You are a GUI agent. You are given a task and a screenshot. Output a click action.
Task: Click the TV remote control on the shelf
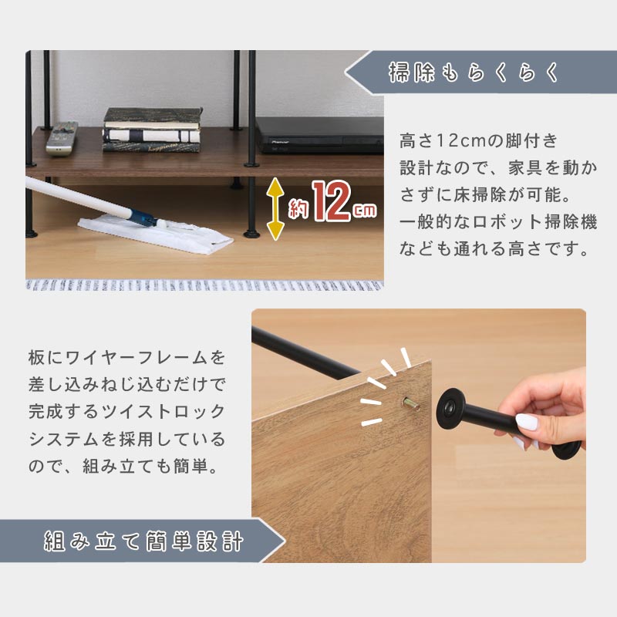click(62, 138)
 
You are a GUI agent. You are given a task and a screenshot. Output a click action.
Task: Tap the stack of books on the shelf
click(153, 130)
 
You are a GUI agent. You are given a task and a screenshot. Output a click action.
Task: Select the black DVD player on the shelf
click(319, 135)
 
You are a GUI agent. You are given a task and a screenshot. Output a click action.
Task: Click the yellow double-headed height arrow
click(275, 209)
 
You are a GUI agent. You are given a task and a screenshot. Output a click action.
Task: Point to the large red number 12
click(332, 201)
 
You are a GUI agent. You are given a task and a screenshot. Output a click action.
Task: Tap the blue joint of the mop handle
click(143, 217)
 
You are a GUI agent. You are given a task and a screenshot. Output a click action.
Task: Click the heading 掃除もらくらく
click(474, 72)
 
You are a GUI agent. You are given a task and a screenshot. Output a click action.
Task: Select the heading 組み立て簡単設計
click(143, 541)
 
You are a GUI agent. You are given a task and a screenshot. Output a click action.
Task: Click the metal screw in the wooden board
click(410, 403)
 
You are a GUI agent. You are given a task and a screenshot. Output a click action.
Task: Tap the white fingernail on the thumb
click(527, 422)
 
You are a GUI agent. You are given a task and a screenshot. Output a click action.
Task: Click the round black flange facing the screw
click(450, 409)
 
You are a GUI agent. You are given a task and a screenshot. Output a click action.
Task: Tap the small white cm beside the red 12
click(365, 210)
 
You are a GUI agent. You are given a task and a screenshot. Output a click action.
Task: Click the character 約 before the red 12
click(298, 208)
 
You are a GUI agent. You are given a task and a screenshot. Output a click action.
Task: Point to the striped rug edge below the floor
click(204, 285)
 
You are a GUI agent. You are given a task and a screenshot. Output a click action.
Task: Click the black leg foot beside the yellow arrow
click(252, 234)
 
